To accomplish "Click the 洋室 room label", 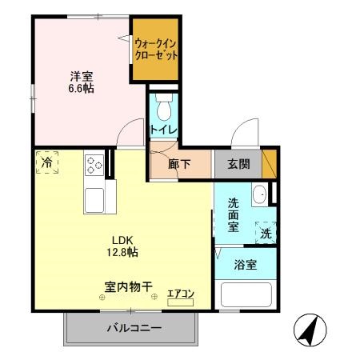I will pyautogui.click(x=81, y=76).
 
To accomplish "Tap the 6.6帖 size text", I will pyautogui.click(x=81, y=89).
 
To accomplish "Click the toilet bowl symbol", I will pyautogui.click(x=163, y=106).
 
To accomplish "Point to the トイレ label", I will pyautogui.click(x=163, y=128).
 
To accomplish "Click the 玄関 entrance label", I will pyautogui.click(x=238, y=164).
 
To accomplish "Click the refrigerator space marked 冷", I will pyautogui.click(x=46, y=162).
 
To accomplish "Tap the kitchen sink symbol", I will pyautogui.click(x=94, y=200).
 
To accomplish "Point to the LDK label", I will pyautogui.click(x=121, y=239).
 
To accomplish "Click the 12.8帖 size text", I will pyautogui.click(x=121, y=253).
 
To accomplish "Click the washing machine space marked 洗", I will pyautogui.click(x=265, y=233).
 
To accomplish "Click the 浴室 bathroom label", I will pyautogui.click(x=246, y=264).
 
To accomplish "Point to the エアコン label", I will pyautogui.click(x=182, y=294).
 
